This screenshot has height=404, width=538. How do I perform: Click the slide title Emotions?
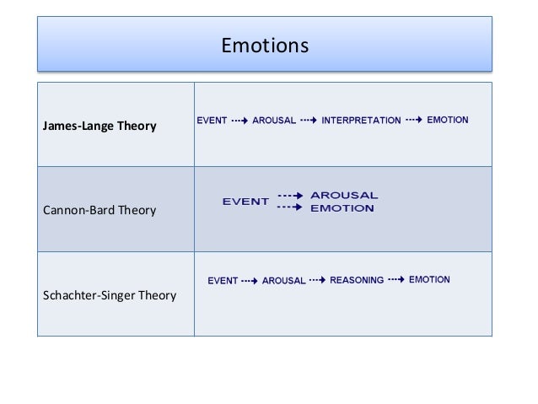[265, 43]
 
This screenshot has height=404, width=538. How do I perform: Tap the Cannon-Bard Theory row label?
[94, 210]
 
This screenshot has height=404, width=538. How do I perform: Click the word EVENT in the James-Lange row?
[212, 121]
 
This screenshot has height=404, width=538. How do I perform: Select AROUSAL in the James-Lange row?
[274, 121]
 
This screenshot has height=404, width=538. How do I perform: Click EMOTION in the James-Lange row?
[448, 120]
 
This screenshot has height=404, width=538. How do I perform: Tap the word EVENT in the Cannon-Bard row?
[245, 202]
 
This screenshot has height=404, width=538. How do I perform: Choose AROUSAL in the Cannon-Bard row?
[344, 196]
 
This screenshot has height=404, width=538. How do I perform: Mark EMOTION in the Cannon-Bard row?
[342, 208]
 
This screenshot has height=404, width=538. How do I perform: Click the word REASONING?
[357, 279]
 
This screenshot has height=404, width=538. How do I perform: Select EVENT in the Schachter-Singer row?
[223, 280]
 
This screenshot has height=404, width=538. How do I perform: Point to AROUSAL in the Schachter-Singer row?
[283, 280]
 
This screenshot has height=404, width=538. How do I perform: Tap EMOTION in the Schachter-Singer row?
[429, 279]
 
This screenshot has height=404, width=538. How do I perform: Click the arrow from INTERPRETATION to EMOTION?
[414, 120]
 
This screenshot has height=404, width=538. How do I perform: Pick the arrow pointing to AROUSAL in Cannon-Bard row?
[290, 195]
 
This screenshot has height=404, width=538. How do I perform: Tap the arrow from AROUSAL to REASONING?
[317, 279]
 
